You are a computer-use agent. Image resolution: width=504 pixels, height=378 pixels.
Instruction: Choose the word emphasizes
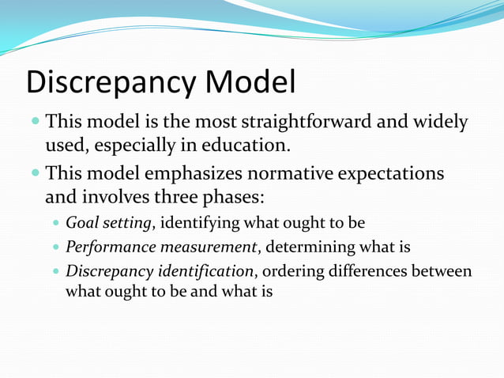[197, 172]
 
